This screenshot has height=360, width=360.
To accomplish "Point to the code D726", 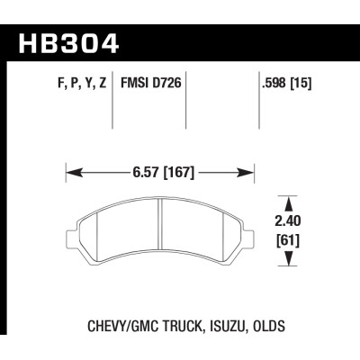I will click(166, 88).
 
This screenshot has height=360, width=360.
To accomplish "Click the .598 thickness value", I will click(274, 88).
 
